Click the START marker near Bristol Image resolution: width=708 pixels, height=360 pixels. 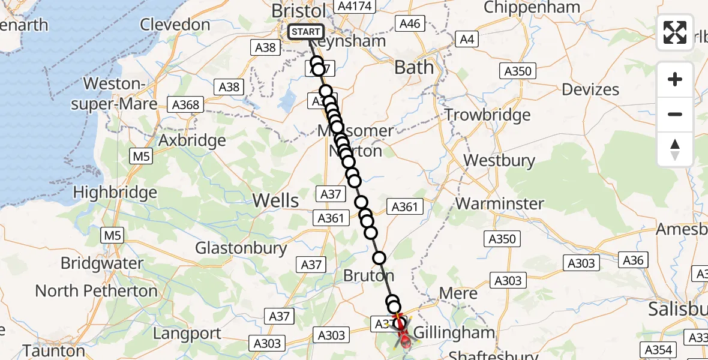click(x=306, y=31)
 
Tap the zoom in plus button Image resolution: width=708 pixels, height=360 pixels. click(x=675, y=79)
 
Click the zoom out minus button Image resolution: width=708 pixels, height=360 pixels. click(x=675, y=114)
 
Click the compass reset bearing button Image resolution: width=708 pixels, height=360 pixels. click(x=675, y=149)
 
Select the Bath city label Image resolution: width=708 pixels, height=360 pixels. click(x=414, y=67)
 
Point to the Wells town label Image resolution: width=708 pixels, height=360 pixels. click(x=276, y=200)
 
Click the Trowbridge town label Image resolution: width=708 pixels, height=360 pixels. click(x=487, y=115)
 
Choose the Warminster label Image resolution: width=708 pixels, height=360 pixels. click(x=500, y=203)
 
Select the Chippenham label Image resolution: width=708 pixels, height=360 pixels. click(x=532, y=8)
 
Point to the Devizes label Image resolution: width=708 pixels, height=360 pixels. click(x=590, y=90)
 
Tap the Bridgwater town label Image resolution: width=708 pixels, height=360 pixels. click(x=102, y=263)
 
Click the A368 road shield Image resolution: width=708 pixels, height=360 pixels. click(x=186, y=104)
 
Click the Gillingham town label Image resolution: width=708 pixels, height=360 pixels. click(x=455, y=332)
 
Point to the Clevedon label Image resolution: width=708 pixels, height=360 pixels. click(x=175, y=25)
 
